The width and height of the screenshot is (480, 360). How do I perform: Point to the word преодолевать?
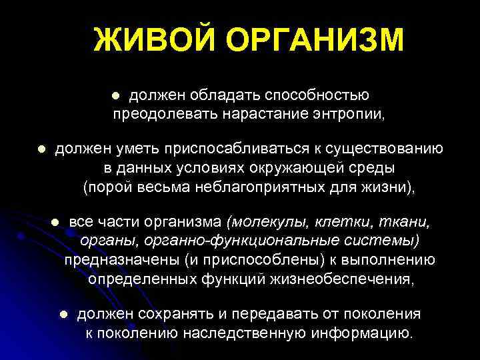(164, 114)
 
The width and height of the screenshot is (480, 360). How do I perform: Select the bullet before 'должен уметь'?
(41, 149)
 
